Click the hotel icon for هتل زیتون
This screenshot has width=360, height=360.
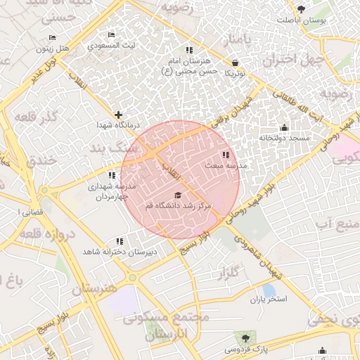(52, 38)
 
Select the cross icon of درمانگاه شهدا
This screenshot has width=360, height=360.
(117, 114)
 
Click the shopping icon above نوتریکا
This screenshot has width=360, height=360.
(234, 63)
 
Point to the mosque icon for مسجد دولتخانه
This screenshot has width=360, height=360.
(284, 128)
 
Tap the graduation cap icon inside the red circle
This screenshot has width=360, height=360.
(177, 195)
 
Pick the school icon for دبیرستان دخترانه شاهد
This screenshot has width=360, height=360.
(118, 241)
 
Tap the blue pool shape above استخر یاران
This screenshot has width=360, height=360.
(269, 289)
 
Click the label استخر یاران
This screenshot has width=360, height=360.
(269, 300)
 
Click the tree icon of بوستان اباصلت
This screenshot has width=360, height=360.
(302, 9)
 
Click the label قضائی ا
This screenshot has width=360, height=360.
(28, 212)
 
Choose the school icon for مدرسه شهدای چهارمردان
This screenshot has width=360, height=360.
(111, 176)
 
